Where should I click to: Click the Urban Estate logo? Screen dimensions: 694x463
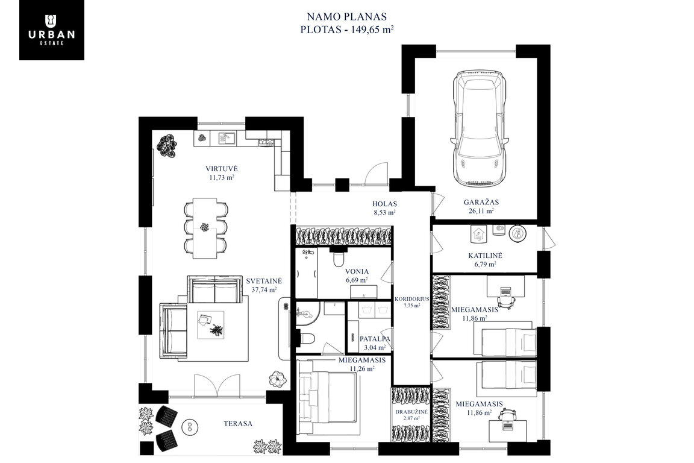tap(52, 30)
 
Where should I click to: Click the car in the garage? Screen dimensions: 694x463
tap(479, 128)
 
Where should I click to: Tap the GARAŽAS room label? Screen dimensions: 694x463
tap(481, 203)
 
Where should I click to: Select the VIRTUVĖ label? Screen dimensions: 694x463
tap(221, 169)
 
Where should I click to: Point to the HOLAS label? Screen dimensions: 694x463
tap(384, 204)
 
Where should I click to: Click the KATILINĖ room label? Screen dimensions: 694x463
tap(485, 256)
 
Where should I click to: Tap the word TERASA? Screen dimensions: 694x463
tap(238, 424)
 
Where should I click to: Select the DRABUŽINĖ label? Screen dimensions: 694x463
tap(411, 412)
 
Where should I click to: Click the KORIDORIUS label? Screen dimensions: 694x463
tap(411, 299)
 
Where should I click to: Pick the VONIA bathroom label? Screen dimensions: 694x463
tap(357, 272)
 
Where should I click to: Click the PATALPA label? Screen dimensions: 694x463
tap(375, 339)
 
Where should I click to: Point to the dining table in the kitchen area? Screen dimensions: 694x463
tap(205, 228)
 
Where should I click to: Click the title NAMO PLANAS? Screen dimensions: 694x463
tap(347, 17)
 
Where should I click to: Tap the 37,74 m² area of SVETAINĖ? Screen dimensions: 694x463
tap(264, 290)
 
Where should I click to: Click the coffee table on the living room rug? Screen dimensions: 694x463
tap(210, 325)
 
